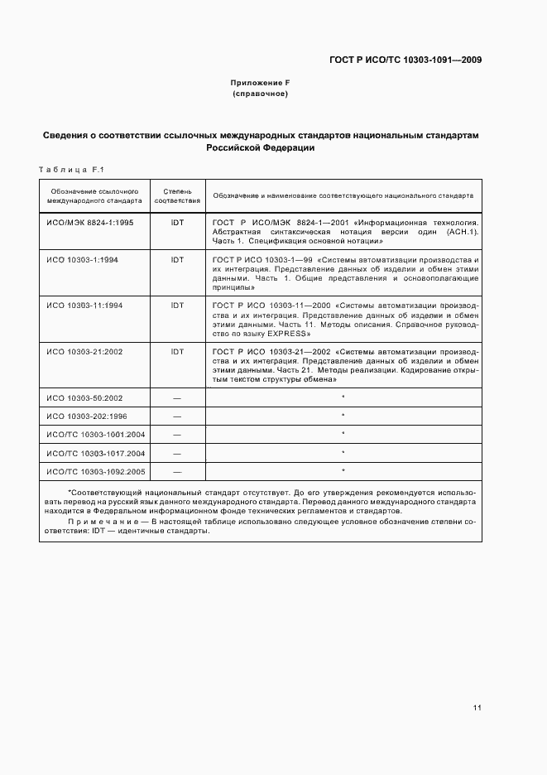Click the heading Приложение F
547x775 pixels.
click(x=260, y=84)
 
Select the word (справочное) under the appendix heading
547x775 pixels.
click(x=260, y=94)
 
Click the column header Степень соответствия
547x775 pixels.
click(x=177, y=195)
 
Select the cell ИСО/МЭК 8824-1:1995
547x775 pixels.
click(x=90, y=223)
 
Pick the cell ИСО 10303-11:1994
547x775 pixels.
click(x=84, y=306)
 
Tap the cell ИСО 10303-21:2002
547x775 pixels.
click(x=84, y=352)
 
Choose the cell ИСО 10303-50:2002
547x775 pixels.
click(x=84, y=398)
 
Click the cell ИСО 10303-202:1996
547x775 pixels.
click(x=86, y=416)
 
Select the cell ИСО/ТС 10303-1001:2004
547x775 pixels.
click(x=95, y=435)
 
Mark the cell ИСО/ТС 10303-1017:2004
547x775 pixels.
click(x=95, y=453)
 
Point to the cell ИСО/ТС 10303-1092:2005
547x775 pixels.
click(x=95, y=471)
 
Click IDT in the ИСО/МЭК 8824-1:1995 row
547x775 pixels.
click(x=177, y=223)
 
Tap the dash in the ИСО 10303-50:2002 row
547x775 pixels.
click(x=177, y=398)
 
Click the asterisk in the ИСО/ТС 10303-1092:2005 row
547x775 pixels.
click(x=343, y=471)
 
